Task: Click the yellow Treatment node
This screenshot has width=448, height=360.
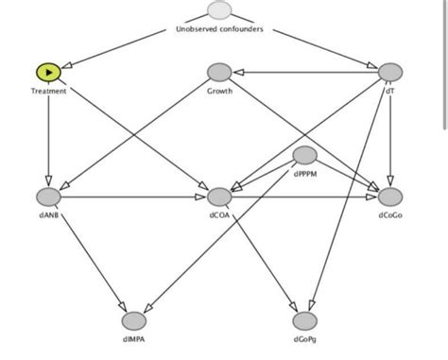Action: click(47, 72)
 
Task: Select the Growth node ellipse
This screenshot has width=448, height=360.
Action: click(219, 72)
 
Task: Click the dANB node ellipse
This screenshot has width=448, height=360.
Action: click(47, 197)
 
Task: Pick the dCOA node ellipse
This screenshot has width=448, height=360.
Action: click(219, 197)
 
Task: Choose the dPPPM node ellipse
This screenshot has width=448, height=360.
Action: click(304, 155)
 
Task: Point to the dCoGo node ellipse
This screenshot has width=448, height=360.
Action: click(390, 197)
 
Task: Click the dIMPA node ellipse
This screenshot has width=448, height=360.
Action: click(133, 320)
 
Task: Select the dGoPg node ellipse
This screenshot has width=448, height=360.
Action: click(304, 320)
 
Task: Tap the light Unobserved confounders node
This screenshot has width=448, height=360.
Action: click(219, 11)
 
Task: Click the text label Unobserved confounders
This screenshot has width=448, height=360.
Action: click(219, 29)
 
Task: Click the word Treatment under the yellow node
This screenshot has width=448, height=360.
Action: click(47, 91)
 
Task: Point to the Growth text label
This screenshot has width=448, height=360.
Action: click(219, 91)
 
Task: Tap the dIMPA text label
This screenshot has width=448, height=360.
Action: click(133, 339)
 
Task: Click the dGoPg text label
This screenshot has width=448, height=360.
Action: click(304, 339)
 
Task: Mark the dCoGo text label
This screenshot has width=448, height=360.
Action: click(390, 215)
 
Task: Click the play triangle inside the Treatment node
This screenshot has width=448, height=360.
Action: click(47, 72)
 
